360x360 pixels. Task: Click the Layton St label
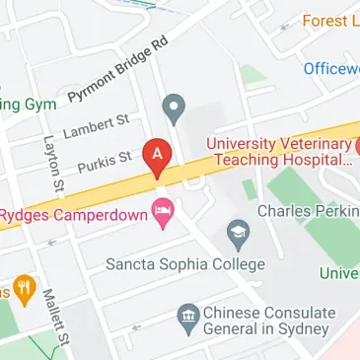[53, 164]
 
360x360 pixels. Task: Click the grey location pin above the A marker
[174, 107]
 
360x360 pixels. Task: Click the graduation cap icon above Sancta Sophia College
[238, 234]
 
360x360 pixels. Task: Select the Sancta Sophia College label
[186, 264]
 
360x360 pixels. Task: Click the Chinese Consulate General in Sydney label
[266, 321]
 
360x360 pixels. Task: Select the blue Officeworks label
[331, 69]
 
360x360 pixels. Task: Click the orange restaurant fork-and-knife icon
[24, 290]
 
